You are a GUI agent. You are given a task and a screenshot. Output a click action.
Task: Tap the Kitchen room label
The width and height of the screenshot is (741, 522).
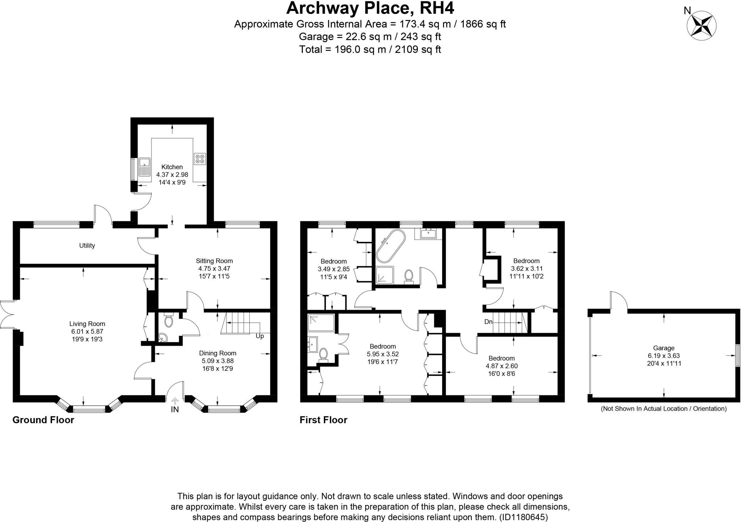coord(172,167)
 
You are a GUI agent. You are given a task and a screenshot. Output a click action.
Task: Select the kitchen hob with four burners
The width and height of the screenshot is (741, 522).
coord(200,158)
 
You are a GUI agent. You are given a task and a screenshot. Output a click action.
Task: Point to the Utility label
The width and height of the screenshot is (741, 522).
coord(87,245)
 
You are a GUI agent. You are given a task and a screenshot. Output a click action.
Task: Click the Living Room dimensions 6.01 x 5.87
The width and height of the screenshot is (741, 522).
coord(87,331)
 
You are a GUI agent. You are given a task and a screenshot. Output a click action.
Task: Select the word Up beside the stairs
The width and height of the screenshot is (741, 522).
coord(260,336)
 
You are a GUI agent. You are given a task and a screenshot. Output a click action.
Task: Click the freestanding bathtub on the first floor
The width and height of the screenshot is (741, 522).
coord(390,246)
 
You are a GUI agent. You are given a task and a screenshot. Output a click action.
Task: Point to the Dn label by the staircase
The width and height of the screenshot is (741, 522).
coord(488,322)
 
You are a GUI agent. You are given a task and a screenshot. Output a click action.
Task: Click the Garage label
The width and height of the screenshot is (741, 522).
coord(664,348)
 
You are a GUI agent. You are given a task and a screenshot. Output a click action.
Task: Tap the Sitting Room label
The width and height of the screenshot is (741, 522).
coord(214,261)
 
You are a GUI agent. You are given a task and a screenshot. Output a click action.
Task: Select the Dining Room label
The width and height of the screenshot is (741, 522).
coord(217,353)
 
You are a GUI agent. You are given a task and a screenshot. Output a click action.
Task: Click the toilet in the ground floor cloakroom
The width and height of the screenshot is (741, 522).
coord(168,320)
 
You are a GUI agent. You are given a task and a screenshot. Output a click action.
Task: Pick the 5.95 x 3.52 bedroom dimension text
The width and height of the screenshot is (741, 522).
coord(382,354)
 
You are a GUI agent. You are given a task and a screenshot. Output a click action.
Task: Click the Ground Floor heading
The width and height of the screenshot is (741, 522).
coord(43,420)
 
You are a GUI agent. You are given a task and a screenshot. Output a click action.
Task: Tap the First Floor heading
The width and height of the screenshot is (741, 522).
coord(323,420)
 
